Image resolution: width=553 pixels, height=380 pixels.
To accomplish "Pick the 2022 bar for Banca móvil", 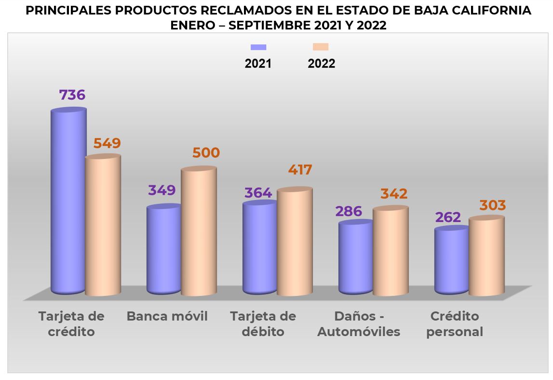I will (199, 232).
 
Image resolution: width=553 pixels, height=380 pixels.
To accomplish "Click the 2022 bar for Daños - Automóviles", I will (391, 252).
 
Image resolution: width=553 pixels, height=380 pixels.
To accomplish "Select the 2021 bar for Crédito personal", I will (451, 261).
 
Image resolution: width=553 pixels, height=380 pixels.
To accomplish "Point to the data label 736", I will (72, 95).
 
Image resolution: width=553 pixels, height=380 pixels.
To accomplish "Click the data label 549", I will (107, 143).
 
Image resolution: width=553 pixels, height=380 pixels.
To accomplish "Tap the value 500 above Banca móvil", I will (206, 153).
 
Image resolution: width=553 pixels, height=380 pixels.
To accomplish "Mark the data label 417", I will (300, 170).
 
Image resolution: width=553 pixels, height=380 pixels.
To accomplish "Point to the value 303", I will (492, 205).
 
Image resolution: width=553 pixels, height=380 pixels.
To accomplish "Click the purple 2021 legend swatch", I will (258, 47).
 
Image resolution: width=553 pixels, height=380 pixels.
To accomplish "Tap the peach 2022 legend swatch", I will (321, 47).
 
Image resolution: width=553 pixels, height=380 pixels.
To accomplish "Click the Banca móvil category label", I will (167, 317).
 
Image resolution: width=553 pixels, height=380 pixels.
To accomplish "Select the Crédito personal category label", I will (455, 324).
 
